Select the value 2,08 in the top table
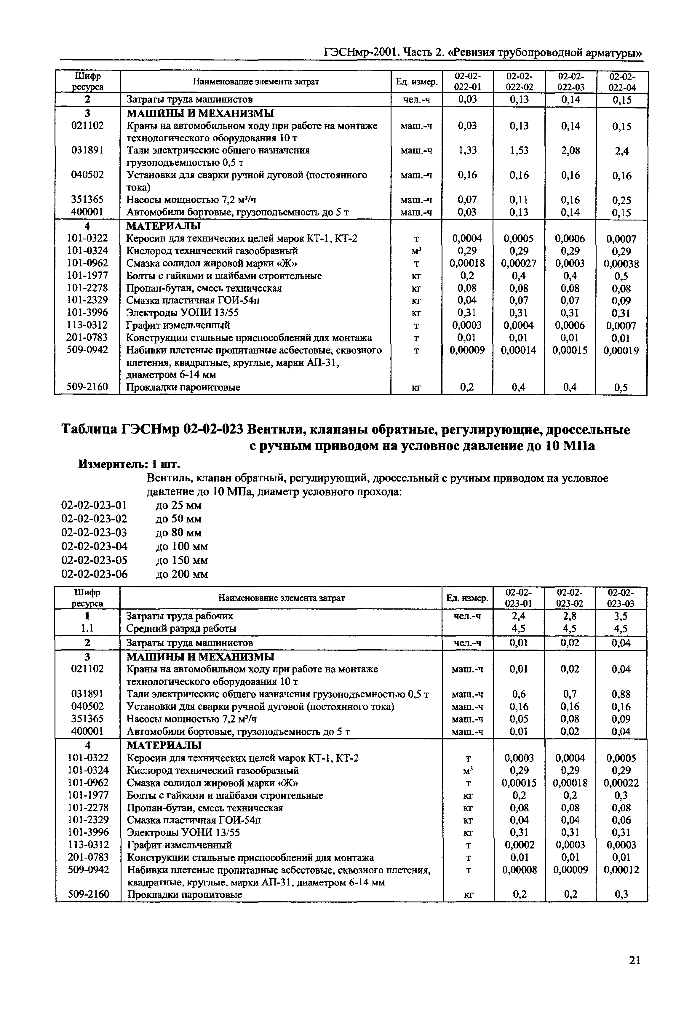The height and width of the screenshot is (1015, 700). click(570, 151)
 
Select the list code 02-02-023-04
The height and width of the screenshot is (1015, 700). click(94, 546)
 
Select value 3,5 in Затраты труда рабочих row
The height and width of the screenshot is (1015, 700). click(621, 616)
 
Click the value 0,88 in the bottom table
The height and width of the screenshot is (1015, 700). click(621, 694)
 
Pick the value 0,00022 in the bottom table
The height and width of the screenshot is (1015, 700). click(621, 783)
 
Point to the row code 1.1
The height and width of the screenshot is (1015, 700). click(87, 629)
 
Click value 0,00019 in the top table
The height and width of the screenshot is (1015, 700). click(621, 351)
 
